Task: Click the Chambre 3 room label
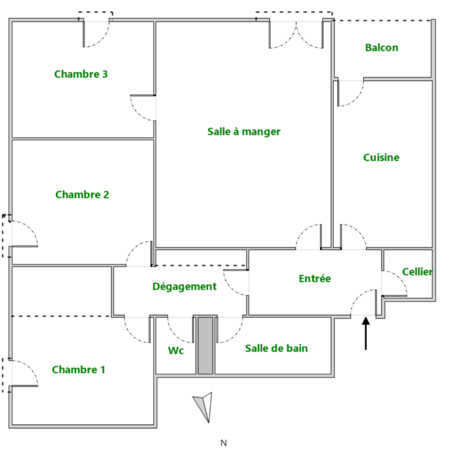coord(81,74)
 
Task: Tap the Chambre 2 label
coord(82,194)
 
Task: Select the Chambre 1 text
coord(79,370)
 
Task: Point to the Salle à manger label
coord(244,132)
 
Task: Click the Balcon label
coord(382,48)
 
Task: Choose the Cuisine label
coord(381,157)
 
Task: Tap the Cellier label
coord(417,272)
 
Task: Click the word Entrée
coord(315,278)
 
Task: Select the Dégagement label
coord(185,286)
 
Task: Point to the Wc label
coord(176,350)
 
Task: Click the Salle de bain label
coord(276,348)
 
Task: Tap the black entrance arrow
coord(366,334)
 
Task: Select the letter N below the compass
coord(224,443)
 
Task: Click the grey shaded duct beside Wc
coord(205,345)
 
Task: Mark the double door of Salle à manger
coord(296,35)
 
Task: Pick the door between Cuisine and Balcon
coord(350,93)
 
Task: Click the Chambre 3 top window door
coord(96,34)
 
